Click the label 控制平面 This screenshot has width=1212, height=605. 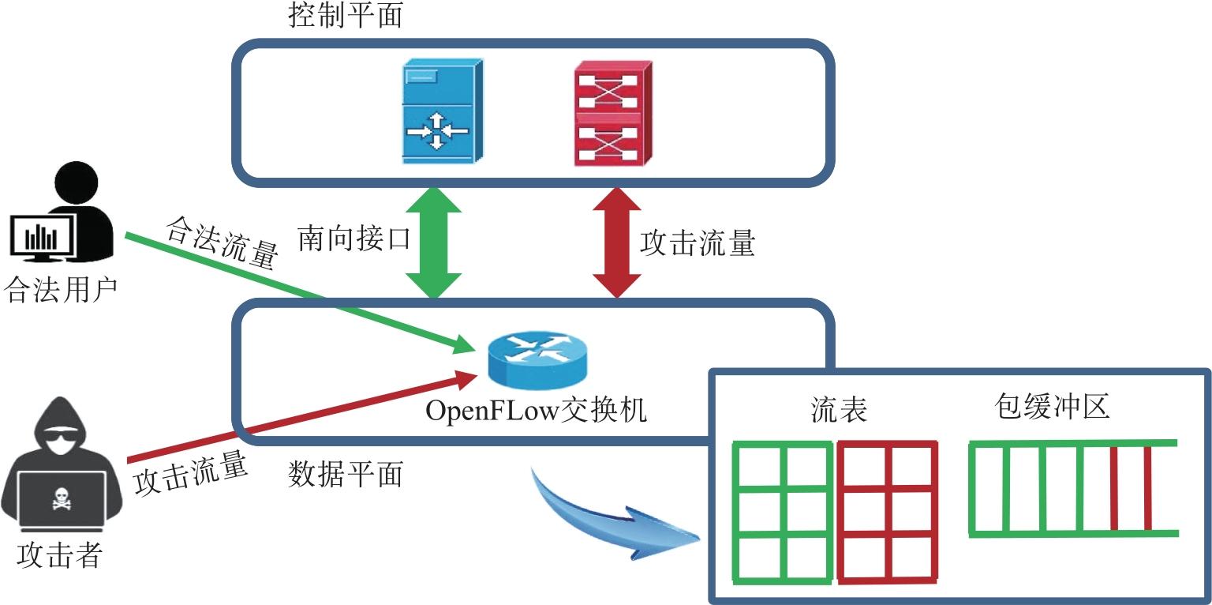click(x=346, y=17)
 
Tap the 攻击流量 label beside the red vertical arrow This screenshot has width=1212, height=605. click(x=698, y=242)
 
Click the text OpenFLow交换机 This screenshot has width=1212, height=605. click(x=536, y=411)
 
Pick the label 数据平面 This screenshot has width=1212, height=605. click(x=346, y=474)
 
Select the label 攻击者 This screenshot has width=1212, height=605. click(x=59, y=556)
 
